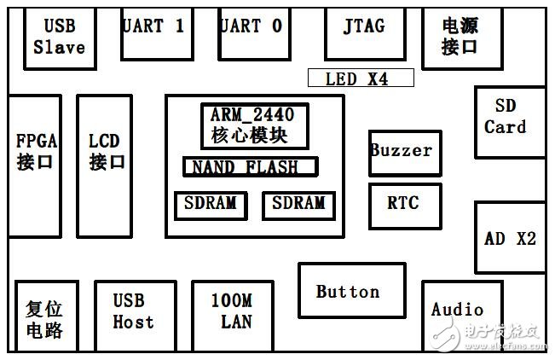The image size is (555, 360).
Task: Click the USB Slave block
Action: point(59,38)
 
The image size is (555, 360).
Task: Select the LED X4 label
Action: point(360,78)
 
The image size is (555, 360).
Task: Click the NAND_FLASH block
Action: point(250,166)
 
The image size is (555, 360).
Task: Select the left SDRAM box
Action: point(211,205)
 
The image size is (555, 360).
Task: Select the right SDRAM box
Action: point(298,205)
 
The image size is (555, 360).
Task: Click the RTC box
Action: point(404,205)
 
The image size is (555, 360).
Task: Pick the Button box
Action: point(351,292)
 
